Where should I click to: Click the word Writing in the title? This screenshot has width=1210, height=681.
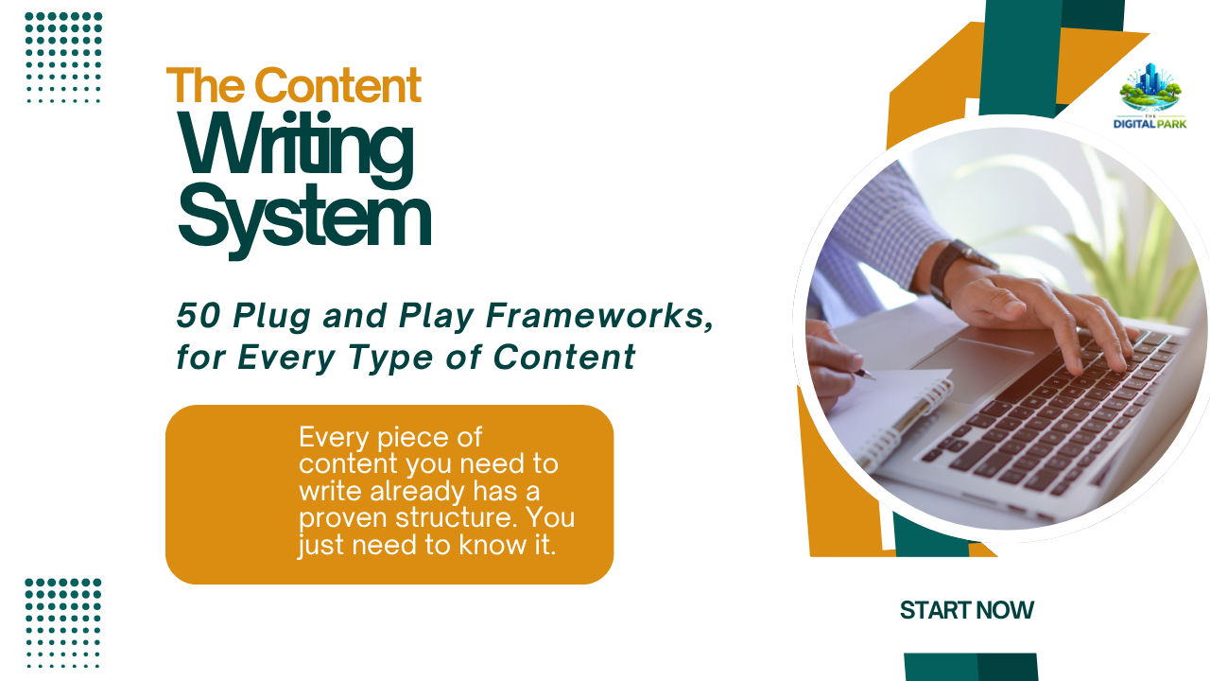296,146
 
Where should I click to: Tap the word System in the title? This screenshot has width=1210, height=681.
304,218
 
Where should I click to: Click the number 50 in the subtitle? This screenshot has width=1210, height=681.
196,317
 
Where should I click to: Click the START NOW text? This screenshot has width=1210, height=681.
966,611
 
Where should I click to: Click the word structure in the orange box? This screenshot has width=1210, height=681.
442,518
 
